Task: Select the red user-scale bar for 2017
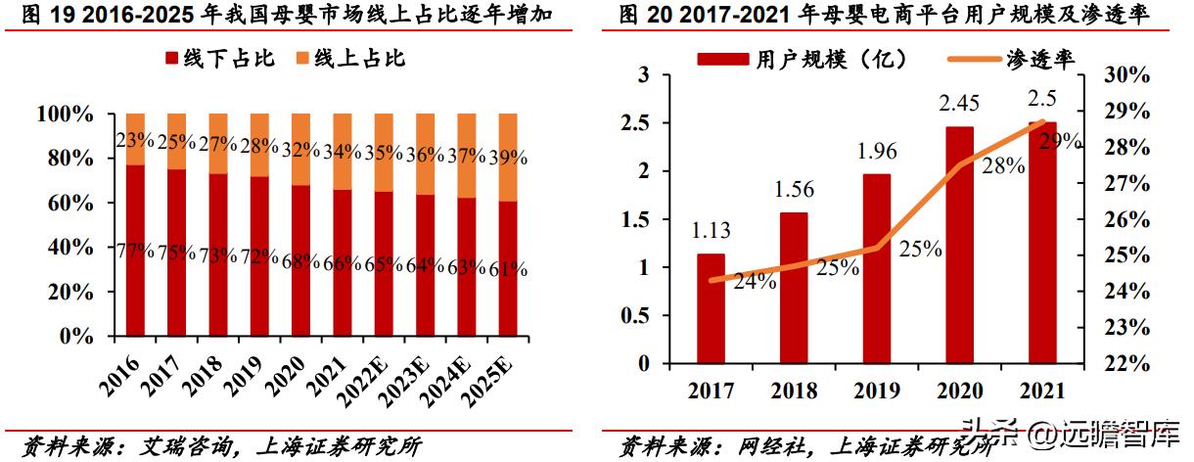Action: pyautogui.click(x=711, y=307)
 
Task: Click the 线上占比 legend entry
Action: pyautogui.click(x=348, y=59)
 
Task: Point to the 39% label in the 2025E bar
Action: pyautogui.click(x=508, y=157)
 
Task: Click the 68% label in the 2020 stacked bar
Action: pyautogui.click(x=299, y=262)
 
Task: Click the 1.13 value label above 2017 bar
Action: pyautogui.click(x=712, y=231)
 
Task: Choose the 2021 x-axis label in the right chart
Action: pyautogui.click(x=1041, y=392)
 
